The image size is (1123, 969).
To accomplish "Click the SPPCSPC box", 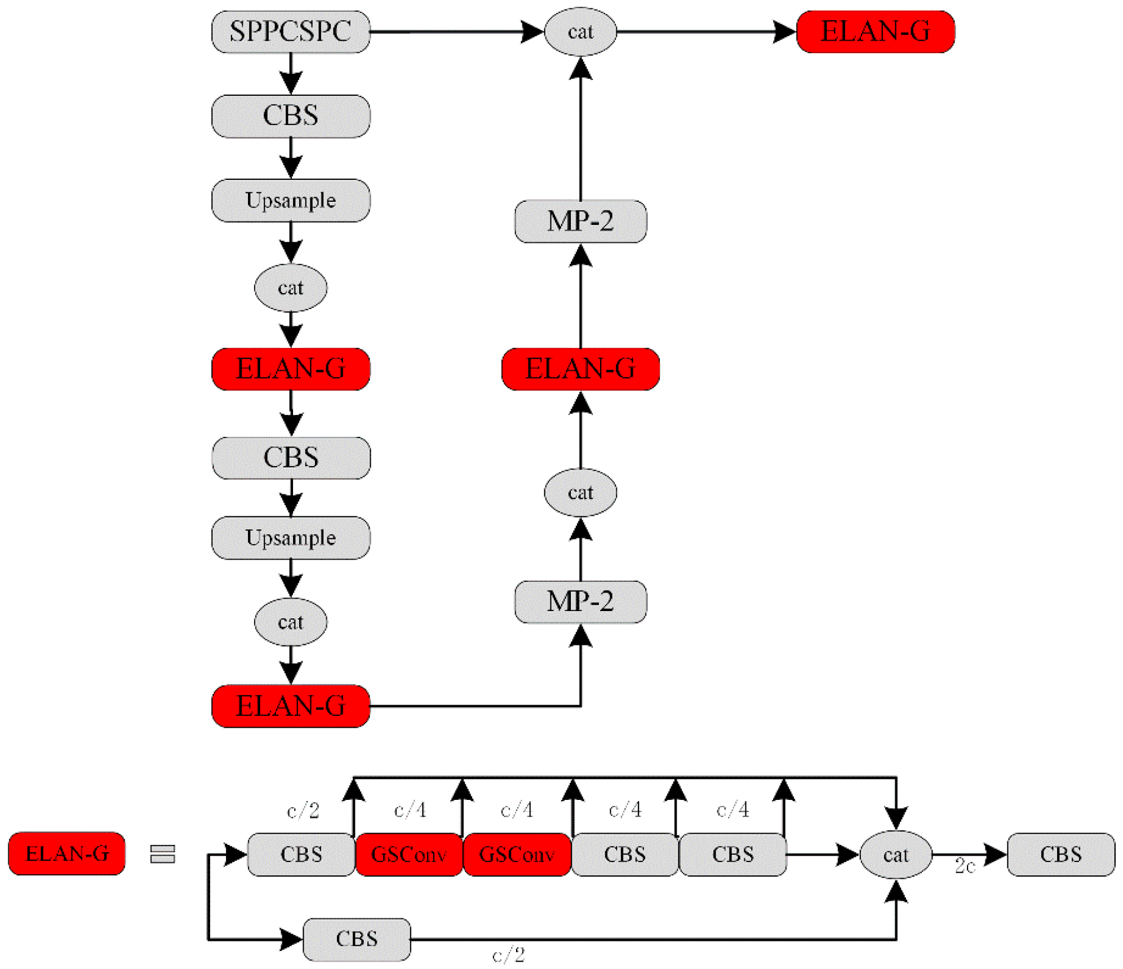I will [x=290, y=32].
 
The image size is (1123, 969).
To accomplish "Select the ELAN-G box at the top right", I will [x=875, y=32].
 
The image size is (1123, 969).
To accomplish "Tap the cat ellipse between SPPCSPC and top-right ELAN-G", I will [x=580, y=32].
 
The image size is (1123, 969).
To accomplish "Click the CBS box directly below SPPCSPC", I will [x=290, y=116].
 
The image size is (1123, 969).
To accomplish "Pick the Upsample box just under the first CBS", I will [x=290, y=200].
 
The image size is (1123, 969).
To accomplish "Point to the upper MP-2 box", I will [x=580, y=221].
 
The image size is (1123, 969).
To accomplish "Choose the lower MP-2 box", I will [x=580, y=601].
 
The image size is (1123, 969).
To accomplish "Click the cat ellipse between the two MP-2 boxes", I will [x=580, y=492].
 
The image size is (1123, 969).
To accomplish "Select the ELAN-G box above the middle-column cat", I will [x=580, y=369].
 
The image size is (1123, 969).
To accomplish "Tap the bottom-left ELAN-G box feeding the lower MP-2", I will [x=290, y=706].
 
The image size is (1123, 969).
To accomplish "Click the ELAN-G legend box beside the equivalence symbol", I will [x=66, y=853].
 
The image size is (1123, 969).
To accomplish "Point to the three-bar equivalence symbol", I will [x=162, y=853].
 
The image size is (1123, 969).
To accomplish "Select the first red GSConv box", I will [x=409, y=854].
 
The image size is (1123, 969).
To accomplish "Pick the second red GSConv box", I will [x=516, y=854].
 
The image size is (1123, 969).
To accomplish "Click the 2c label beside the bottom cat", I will [x=964, y=866].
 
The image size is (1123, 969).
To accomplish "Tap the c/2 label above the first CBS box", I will [x=303, y=810].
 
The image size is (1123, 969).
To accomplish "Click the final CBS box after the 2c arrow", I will [x=1060, y=854].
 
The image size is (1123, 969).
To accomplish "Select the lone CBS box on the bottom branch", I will [x=356, y=939].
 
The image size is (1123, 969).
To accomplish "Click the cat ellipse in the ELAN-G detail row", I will [x=895, y=855].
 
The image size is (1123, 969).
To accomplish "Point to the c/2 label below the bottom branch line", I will [x=508, y=954].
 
